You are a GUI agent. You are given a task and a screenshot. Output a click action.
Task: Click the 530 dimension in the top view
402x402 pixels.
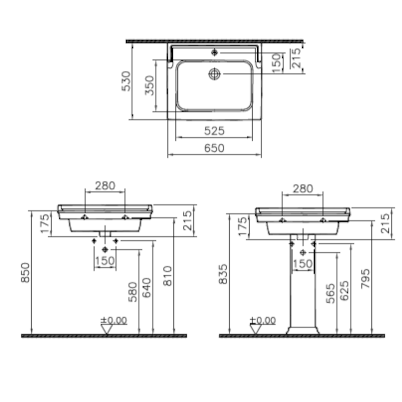click(x=126, y=81)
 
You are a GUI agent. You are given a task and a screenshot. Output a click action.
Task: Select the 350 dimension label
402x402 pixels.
click(x=149, y=85)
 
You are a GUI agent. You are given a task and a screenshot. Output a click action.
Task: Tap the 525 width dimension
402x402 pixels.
click(x=215, y=131)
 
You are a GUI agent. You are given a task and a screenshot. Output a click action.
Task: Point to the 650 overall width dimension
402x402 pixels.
click(x=215, y=148)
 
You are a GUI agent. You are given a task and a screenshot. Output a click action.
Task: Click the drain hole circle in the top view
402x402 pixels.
click(x=215, y=74)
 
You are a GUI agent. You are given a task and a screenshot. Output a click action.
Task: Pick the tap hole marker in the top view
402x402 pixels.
click(x=215, y=53)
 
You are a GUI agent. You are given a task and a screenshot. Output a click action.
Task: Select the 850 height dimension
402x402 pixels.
click(x=26, y=272)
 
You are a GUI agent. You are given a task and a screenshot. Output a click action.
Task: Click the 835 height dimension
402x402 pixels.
click(x=223, y=274)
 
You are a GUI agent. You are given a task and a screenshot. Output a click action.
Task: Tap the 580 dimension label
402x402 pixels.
click(x=133, y=292)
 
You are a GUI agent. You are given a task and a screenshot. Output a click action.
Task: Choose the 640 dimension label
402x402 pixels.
click(x=147, y=287)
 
